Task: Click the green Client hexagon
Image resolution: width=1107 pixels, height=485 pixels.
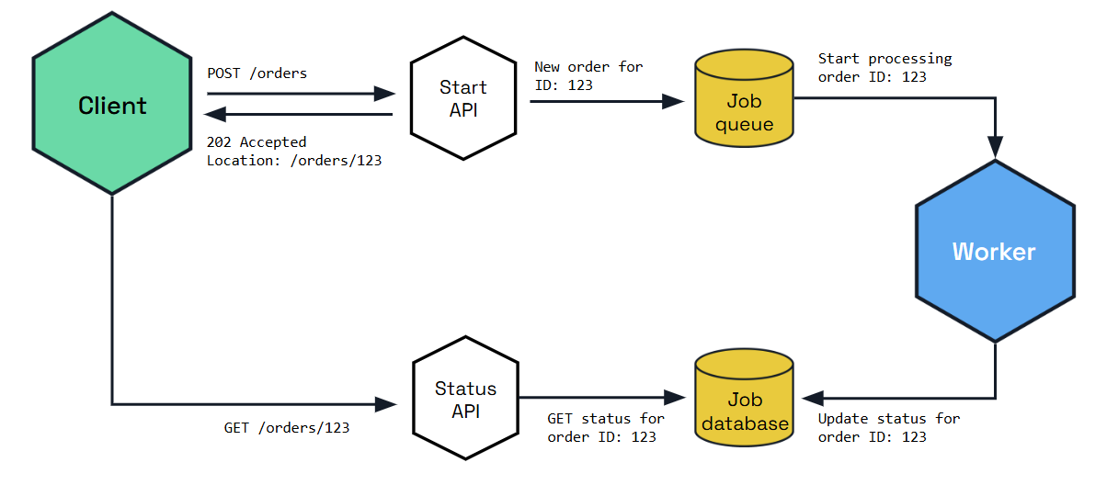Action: pyautogui.click(x=112, y=105)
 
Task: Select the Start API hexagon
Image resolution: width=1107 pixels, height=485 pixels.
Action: pyautogui.click(x=462, y=99)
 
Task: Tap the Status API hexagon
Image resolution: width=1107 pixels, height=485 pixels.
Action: pyautogui.click(x=465, y=400)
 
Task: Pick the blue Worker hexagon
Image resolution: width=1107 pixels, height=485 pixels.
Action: pyautogui.click(x=994, y=251)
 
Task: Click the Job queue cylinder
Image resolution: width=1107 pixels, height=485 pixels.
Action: pyautogui.click(x=744, y=98)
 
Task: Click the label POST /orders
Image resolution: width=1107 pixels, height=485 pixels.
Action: pyautogui.click(x=257, y=73)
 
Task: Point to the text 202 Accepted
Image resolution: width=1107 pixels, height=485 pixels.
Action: pyautogui.click(x=257, y=142)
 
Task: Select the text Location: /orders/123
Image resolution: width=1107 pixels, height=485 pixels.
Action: pyautogui.click(x=294, y=161)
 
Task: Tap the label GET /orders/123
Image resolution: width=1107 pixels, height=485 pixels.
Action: pyautogui.click(x=287, y=427)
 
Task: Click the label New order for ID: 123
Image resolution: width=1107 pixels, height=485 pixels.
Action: pyautogui.click(x=588, y=76)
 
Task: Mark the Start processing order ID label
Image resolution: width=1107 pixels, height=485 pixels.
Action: pyautogui.click(x=884, y=68)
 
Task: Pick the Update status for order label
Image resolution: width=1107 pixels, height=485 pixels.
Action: pyautogui.click(x=888, y=428)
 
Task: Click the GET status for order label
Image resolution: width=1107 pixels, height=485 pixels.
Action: pyautogui.click(x=606, y=428)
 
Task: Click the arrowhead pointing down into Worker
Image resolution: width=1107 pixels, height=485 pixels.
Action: pyautogui.click(x=995, y=147)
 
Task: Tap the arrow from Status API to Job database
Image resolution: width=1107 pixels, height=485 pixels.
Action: pyautogui.click(x=602, y=398)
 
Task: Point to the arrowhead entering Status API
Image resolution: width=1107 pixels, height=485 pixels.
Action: pyautogui.click(x=386, y=403)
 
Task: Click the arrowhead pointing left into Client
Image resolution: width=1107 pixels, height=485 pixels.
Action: pyautogui.click(x=215, y=114)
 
